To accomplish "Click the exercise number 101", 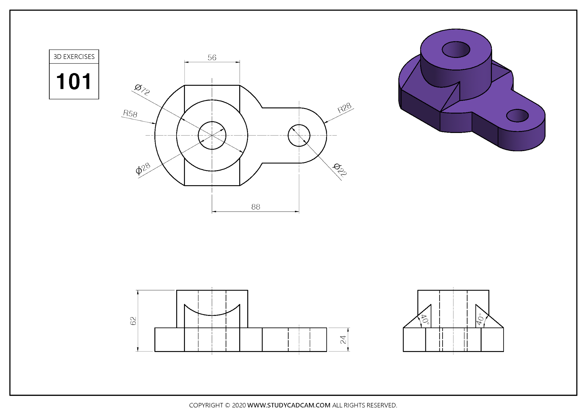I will point(74,81).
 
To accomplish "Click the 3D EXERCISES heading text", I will point(74,57).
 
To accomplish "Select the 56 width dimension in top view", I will point(212,58).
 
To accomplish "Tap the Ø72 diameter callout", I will point(142,89).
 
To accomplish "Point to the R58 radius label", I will point(130,113).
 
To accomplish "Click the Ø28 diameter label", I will point(143,169).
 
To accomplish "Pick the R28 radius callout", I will point(344,108).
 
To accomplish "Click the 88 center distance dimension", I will point(255,207).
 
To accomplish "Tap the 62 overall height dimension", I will point(133,321).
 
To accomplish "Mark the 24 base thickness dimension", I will point(343,340).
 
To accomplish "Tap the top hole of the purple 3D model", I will point(456,50).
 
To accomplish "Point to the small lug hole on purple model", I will point(517,116).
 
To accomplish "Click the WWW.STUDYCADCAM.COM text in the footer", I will point(289,405).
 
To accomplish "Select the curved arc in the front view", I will point(212,315).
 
